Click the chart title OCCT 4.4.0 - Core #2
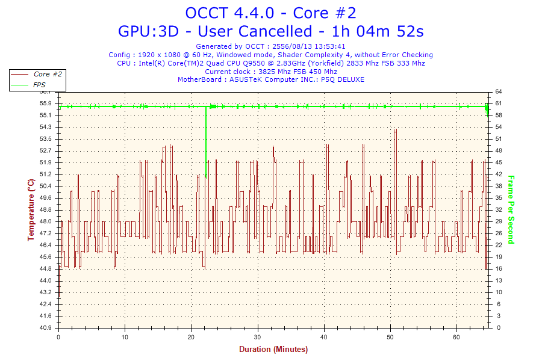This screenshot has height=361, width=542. [275, 13]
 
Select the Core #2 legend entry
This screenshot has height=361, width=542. [48, 74]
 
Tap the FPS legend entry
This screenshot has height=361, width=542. [39, 85]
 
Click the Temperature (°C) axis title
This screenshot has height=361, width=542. [31, 209]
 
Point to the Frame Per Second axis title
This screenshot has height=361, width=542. [511, 209]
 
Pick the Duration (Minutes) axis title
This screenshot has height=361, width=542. [273, 350]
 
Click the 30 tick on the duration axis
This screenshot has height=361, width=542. [258, 337]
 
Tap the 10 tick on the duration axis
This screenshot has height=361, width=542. [125, 337]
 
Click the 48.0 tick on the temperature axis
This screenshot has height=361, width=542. [46, 221]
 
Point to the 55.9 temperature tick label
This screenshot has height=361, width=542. [46, 103]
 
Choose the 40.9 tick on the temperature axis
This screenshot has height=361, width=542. [46, 328]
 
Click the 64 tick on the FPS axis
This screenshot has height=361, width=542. [499, 91]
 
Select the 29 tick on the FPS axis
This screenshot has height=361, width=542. [499, 221]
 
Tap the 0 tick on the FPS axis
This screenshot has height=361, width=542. [497, 328]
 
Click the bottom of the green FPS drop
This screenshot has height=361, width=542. [206, 177]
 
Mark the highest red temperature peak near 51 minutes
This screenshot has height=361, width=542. [395, 129]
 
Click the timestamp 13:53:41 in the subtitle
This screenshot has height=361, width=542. [328, 46]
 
